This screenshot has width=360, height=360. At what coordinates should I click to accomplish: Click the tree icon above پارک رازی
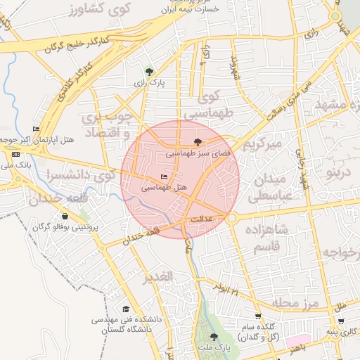(x=148, y=71)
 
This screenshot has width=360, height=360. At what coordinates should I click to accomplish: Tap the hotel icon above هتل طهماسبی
(x=165, y=176)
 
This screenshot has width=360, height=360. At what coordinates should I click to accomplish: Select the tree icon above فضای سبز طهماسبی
(x=206, y=141)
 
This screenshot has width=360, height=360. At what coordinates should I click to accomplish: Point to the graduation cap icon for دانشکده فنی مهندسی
(x=126, y=309)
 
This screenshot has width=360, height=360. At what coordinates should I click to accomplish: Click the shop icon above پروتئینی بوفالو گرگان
(x=65, y=217)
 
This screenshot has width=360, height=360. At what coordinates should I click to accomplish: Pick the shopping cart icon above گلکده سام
(x=258, y=317)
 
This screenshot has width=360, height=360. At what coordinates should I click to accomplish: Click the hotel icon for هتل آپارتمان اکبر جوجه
(x=36, y=129)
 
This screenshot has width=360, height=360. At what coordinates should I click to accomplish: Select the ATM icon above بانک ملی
(x=15, y=153)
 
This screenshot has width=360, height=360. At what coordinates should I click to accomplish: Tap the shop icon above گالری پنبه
(x=341, y=322)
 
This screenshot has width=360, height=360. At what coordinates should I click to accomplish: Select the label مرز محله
(x=295, y=303)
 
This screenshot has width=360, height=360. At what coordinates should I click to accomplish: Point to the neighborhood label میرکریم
(x=262, y=144)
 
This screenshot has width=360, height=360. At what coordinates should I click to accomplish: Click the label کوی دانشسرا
(x=70, y=174)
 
